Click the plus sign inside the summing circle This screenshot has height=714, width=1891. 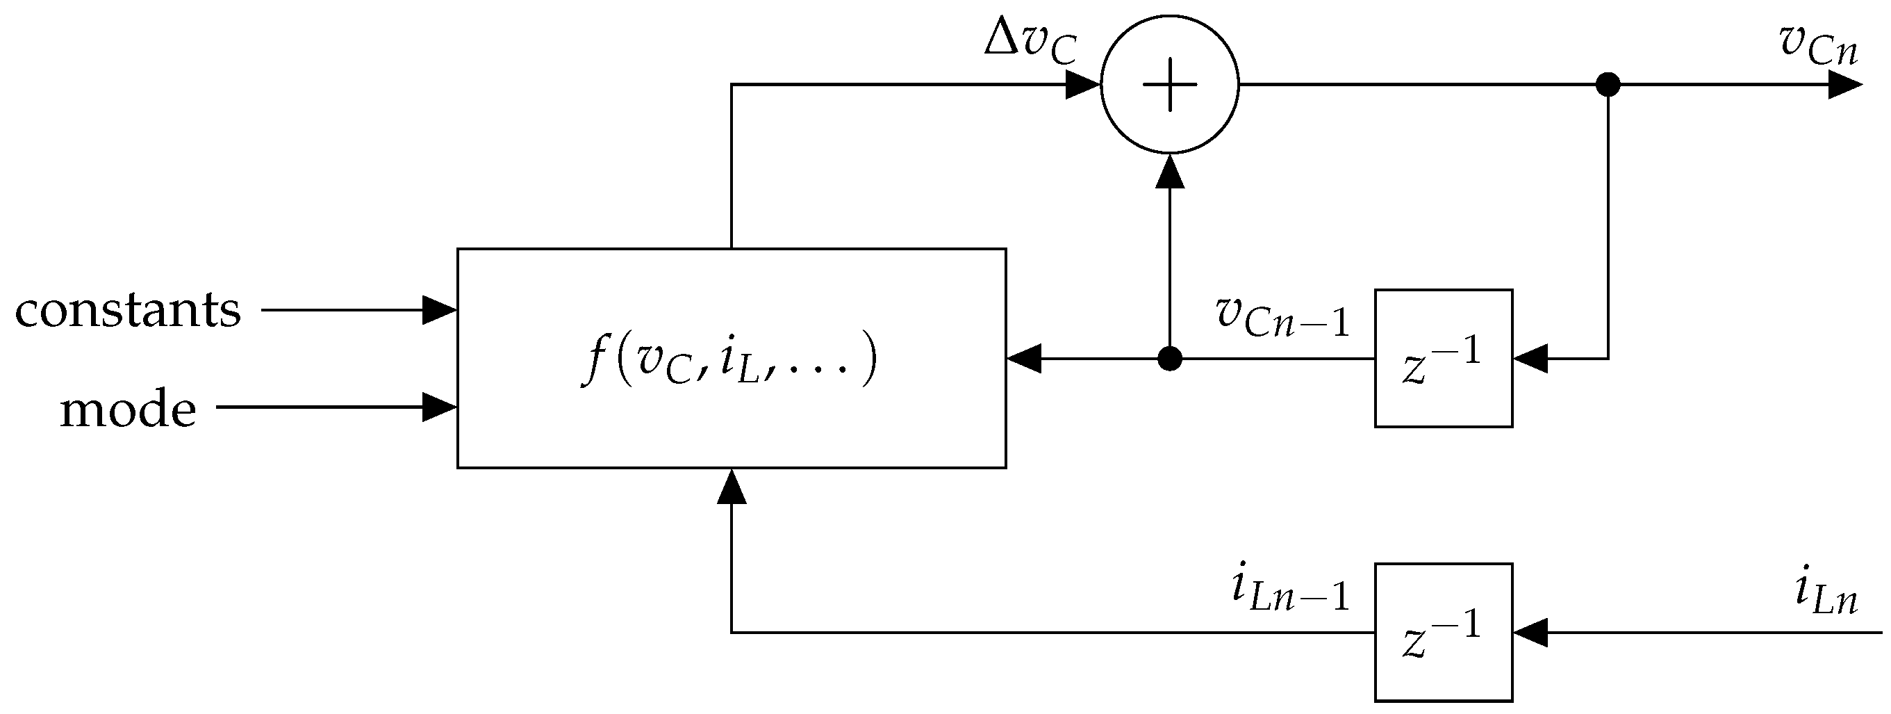pyautogui.click(x=1169, y=85)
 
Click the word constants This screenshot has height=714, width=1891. pyautogui.click(x=128, y=311)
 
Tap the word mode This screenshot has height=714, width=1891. pyautogui.click(x=128, y=410)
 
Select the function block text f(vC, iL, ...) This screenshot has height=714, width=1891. pyautogui.click(x=729, y=359)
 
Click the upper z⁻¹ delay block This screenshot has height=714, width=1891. pyautogui.click(x=1443, y=359)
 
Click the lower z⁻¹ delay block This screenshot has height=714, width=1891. pyautogui.click(x=1443, y=632)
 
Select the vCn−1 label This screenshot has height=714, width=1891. pyautogui.click(x=1282, y=316)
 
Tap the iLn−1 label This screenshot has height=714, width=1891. pyautogui.click(x=1290, y=592)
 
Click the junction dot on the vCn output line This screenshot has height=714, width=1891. pyautogui.click(x=1608, y=85)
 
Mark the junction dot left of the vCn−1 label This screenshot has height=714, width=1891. pyautogui.click(x=1169, y=359)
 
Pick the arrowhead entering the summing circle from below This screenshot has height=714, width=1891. pyautogui.click(x=1169, y=172)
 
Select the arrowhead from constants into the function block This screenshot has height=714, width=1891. pyautogui.click(x=440, y=310)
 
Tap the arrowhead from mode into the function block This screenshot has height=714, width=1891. pyautogui.click(x=440, y=407)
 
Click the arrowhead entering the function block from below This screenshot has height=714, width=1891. pyautogui.click(x=731, y=487)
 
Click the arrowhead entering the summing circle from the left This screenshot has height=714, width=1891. pyautogui.click(x=1082, y=85)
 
